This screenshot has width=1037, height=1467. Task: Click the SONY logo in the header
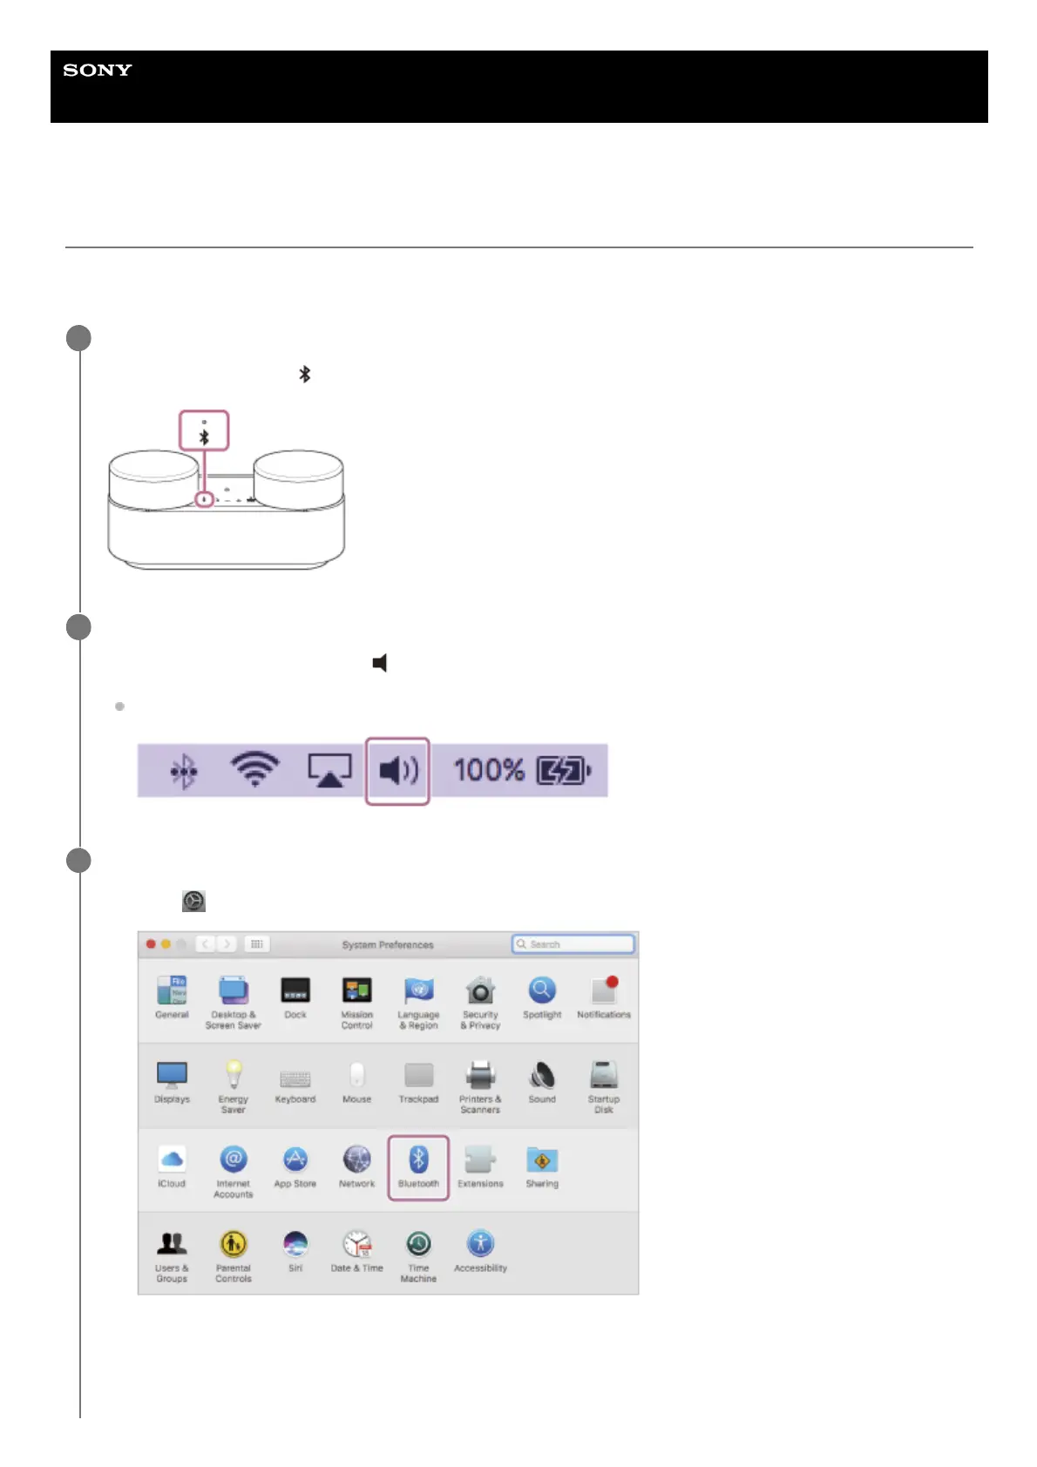pyautogui.click(x=98, y=71)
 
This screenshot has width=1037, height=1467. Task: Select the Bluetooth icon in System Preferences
pyautogui.click(x=418, y=1160)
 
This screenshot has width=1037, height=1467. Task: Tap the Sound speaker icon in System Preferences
pyautogui.click(x=542, y=1076)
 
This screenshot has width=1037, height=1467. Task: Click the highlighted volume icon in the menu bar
pyautogui.click(x=398, y=770)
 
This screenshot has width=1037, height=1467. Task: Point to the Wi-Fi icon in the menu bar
pyautogui.click(x=254, y=769)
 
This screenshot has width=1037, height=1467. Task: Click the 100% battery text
pyautogui.click(x=489, y=770)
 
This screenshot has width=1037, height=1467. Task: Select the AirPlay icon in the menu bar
pyautogui.click(x=329, y=770)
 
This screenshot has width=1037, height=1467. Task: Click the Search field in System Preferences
pyautogui.click(x=573, y=944)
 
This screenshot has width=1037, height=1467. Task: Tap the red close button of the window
pyautogui.click(x=151, y=944)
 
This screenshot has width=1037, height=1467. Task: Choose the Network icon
pyautogui.click(x=357, y=1160)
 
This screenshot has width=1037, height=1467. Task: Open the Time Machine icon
pyautogui.click(x=418, y=1244)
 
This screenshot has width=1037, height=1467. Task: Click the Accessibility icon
pyautogui.click(x=480, y=1244)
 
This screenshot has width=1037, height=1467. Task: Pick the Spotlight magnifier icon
pyautogui.click(x=542, y=990)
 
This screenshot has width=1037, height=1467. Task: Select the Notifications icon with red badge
pyautogui.click(x=604, y=990)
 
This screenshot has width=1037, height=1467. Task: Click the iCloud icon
pyautogui.click(x=172, y=1159)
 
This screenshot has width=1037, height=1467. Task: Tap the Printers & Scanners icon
pyautogui.click(x=480, y=1076)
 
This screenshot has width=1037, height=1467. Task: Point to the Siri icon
pyautogui.click(x=295, y=1244)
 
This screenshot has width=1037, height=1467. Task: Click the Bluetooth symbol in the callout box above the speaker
pyautogui.click(x=204, y=436)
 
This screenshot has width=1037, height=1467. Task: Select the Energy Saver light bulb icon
pyautogui.click(x=234, y=1075)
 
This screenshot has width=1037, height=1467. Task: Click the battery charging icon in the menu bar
pyautogui.click(x=564, y=770)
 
